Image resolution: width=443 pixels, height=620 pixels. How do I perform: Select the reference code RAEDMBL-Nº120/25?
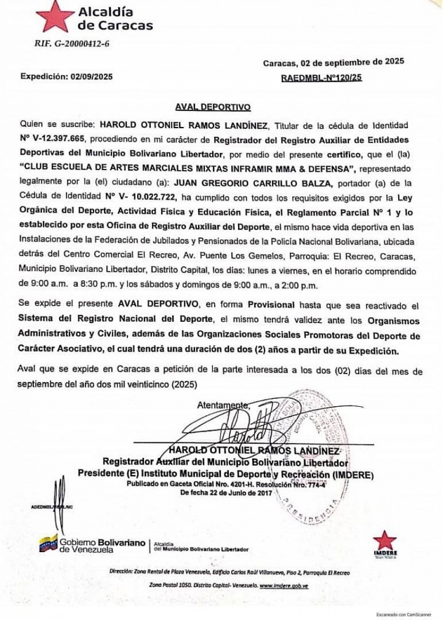(321, 78)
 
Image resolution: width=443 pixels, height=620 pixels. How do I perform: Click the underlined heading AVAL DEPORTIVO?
(213, 107)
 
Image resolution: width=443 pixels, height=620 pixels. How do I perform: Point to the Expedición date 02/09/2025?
(91, 77)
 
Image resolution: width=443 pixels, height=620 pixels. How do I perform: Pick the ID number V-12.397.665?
(58, 139)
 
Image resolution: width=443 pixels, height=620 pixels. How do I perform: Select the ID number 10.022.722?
(154, 197)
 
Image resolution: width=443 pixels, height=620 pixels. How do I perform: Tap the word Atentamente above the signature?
(223, 405)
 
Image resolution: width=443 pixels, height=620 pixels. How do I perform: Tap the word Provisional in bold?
(271, 305)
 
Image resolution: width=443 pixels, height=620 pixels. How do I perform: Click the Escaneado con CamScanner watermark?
(404, 615)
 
